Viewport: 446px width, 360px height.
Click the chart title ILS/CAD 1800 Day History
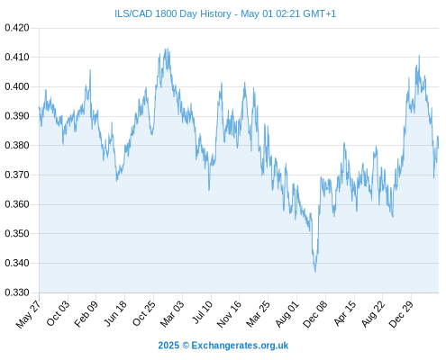coord(173,13)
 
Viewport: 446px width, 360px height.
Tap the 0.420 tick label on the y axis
coord(17,28)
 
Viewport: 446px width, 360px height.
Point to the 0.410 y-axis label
coord(17,57)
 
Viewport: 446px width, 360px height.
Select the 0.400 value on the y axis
coord(17,86)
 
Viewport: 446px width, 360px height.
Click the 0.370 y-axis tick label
coord(17,175)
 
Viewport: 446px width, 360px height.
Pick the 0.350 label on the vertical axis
coord(17,233)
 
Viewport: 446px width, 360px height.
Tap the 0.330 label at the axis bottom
coord(17,292)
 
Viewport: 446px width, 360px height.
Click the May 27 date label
coord(28,314)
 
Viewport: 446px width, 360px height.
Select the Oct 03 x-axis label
coord(58,313)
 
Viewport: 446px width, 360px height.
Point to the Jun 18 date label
coord(114,313)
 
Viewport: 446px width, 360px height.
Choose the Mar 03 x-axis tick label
coord(171,313)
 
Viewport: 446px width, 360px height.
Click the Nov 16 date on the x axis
coord(229,313)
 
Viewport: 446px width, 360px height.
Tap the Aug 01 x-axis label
coord(287,313)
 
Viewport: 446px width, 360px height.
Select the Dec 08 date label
coord(314,314)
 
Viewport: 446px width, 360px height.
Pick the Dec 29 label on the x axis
coord(401,314)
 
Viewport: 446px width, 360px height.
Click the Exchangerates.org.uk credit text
coord(240,346)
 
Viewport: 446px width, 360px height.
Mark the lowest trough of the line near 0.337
coord(315,272)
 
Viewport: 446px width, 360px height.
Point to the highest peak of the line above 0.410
coord(167,49)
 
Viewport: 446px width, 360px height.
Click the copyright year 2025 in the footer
coord(168,346)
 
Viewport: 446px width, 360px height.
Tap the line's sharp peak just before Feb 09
coord(90,69)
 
